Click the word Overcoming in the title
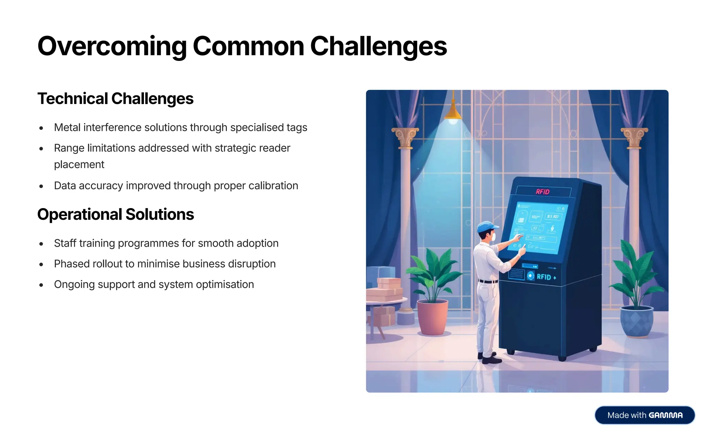pos(112,46)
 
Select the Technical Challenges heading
pos(115,99)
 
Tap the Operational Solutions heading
pos(115,215)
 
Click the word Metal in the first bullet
pos(67,127)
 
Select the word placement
pos(79,165)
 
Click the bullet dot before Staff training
pos(41,244)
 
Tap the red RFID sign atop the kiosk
pos(543,192)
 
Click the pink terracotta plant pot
pos(432,317)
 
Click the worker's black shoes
pos(490,359)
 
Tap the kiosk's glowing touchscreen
pos(537,227)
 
